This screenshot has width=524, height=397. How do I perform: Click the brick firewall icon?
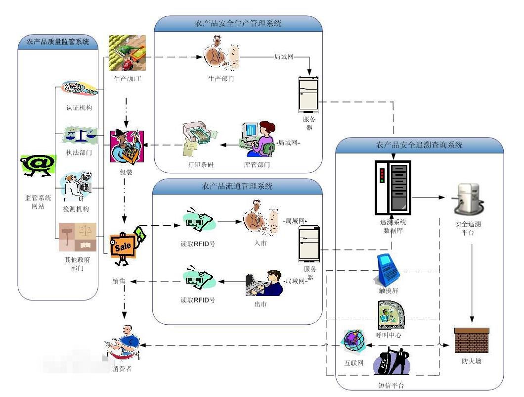click(472, 340)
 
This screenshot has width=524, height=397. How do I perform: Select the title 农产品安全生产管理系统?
click(238, 23)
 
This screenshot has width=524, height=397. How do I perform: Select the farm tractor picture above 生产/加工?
click(127, 53)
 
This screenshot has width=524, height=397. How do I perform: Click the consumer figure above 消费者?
click(124, 343)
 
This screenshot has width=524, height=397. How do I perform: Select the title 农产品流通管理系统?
click(237, 186)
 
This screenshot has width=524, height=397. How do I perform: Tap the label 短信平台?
click(388, 384)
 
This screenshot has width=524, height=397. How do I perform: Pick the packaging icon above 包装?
click(128, 147)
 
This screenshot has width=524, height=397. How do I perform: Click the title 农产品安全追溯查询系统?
click(419, 145)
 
